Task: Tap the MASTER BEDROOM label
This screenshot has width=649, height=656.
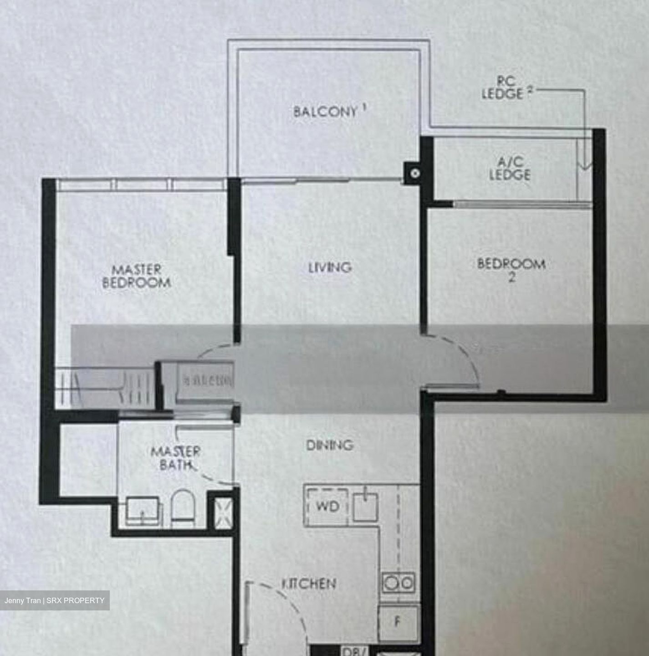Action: click(137, 276)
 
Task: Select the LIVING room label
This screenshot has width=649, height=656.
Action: click(330, 267)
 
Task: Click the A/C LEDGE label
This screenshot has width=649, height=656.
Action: click(510, 169)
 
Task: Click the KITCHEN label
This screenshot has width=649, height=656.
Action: click(310, 584)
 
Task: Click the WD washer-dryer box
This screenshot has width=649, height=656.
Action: click(327, 507)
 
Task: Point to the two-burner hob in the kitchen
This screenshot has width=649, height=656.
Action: click(398, 583)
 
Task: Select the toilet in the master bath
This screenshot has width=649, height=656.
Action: click(184, 506)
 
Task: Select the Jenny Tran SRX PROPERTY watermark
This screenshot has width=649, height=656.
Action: click(55, 600)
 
